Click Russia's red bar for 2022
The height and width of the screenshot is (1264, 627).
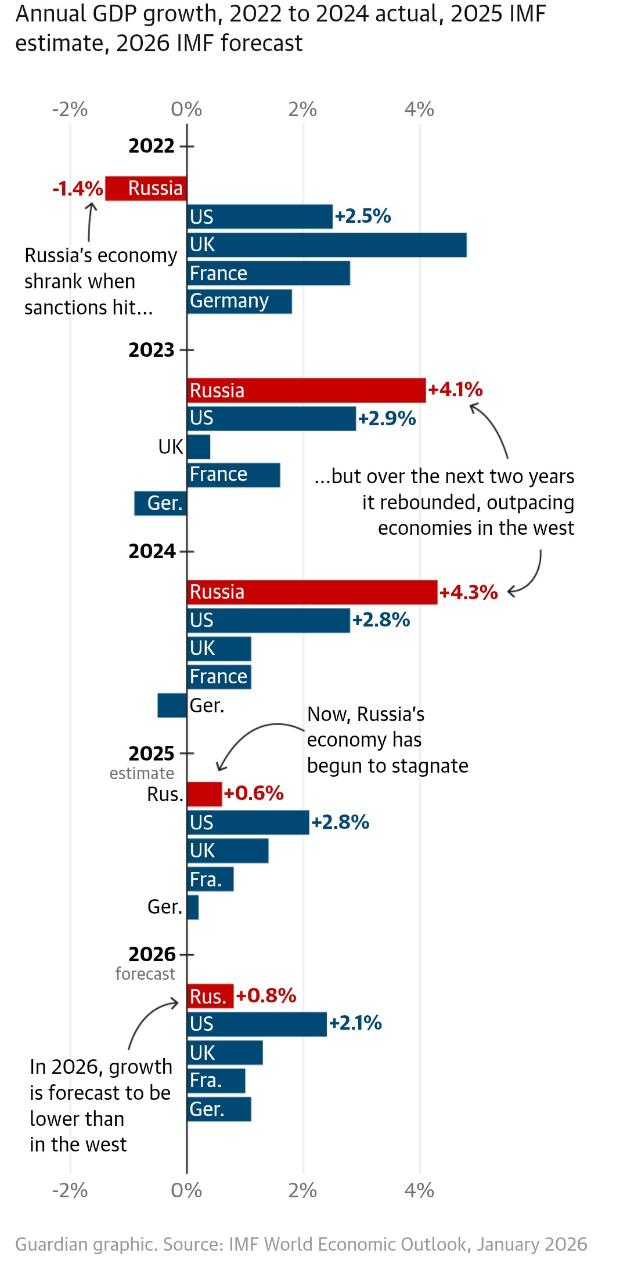(146, 189)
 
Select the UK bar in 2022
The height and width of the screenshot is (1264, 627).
(327, 245)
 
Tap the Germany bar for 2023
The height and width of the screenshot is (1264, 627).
(160, 504)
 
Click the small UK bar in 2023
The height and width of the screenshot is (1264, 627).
(199, 447)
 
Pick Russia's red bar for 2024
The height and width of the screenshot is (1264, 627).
(312, 592)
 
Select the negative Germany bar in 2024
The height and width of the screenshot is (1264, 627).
(172, 705)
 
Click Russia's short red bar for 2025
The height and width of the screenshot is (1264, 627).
(204, 794)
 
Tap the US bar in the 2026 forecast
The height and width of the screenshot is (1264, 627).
(257, 1024)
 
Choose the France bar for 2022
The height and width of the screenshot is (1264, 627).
(268, 273)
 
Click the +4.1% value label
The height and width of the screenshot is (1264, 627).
(455, 390)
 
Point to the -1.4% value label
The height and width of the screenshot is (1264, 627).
(78, 189)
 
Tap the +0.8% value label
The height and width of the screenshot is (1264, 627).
(266, 995)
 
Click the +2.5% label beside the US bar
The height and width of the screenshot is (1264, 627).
(363, 216)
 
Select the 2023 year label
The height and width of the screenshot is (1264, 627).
(152, 350)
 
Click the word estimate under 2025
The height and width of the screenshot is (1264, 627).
(142, 773)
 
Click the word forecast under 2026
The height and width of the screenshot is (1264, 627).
(145, 973)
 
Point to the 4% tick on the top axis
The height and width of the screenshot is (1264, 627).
(419, 109)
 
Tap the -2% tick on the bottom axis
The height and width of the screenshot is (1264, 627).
(70, 1190)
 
